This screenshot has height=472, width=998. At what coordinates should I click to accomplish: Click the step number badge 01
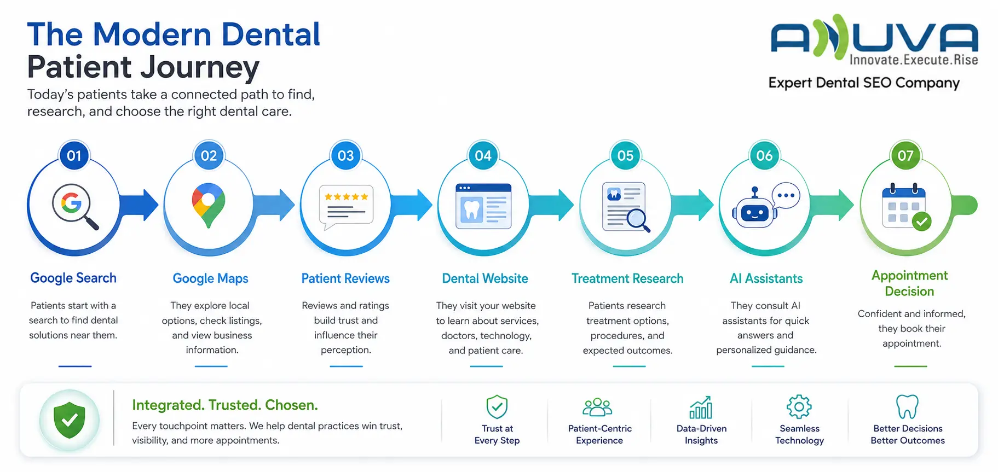74,156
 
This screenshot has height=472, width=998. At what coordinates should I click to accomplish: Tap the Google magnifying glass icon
75,206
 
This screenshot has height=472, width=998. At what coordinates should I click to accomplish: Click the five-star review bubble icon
346,207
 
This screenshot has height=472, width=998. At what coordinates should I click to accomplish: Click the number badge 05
625,156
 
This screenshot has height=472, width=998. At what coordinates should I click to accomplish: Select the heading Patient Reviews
345,278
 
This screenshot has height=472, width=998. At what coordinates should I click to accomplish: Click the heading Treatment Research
627,278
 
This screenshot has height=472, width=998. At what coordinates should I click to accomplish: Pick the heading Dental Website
485,278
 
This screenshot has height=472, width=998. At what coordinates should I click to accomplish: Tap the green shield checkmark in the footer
70,420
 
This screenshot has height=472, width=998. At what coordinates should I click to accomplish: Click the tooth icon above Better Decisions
907,407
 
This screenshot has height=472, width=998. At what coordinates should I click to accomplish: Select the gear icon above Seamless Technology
799,406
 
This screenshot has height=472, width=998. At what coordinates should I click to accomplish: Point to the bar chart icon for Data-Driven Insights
701,407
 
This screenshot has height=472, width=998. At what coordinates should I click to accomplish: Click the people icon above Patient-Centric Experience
597,407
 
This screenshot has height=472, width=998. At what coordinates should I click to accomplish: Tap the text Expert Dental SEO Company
864,83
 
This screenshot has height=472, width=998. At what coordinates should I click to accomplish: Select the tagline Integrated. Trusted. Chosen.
225,405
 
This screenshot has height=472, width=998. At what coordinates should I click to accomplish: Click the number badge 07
905,156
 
